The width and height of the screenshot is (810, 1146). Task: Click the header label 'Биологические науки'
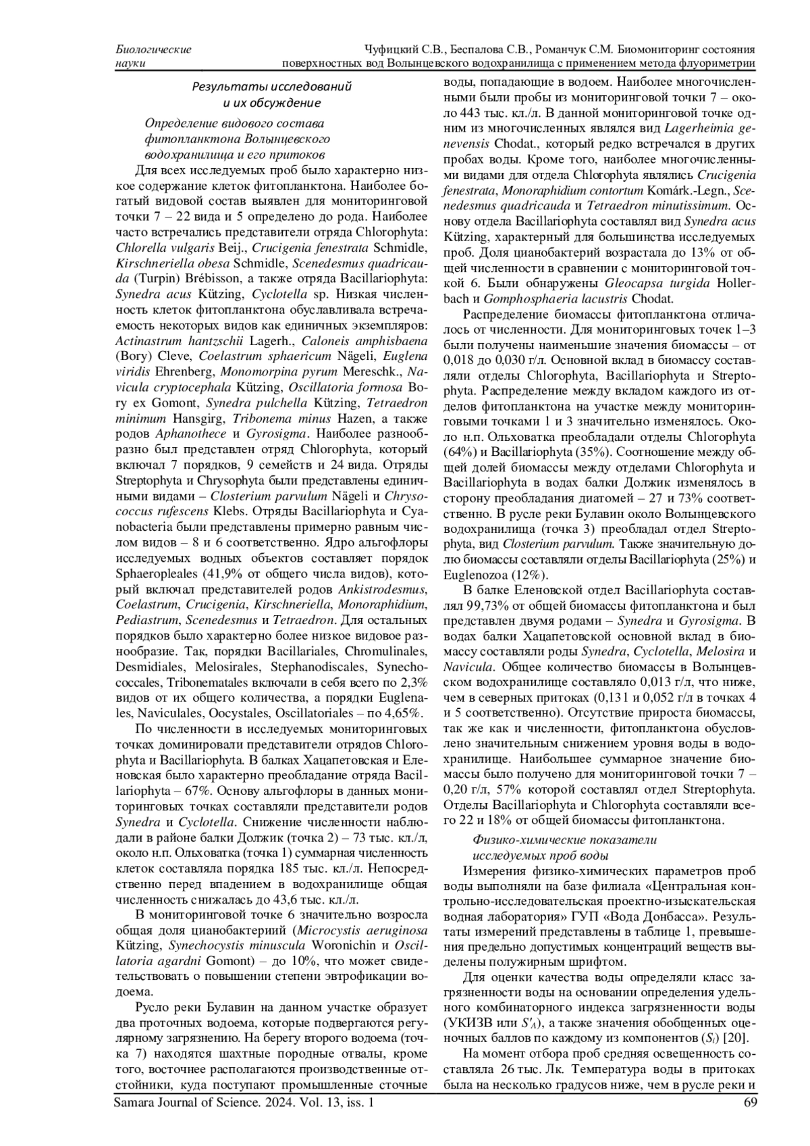[153, 57]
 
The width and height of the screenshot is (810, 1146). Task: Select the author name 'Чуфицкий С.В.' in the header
[399, 50]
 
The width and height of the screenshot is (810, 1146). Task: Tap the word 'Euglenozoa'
[473, 575]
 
